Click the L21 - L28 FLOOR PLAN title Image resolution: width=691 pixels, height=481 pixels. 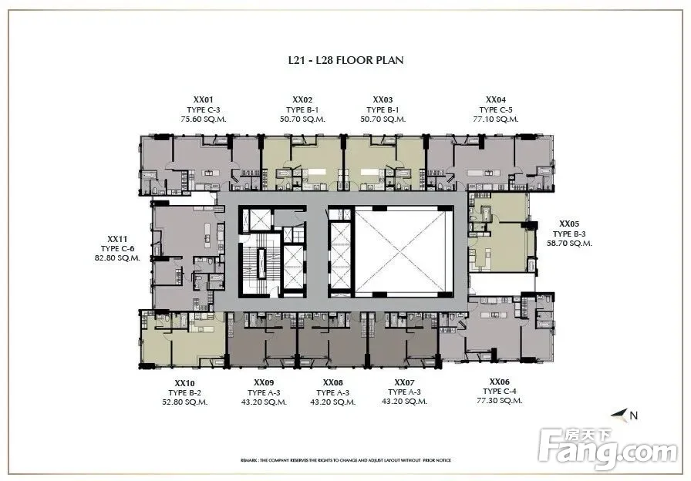pyautogui.click(x=346, y=60)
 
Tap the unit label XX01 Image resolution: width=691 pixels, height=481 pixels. pyautogui.click(x=203, y=100)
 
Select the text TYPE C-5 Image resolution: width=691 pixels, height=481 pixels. pyautogui.click(x=496, y=109)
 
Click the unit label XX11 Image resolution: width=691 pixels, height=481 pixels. pyautogui.click(x=117, y=239)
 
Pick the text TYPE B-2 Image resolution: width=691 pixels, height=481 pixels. pyautogui.click(x=184, y=393)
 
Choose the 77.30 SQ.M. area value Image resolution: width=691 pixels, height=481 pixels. pyautogui.click(x=499, y=400)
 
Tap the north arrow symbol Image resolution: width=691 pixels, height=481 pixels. pyautogui.click(x=619, y=414)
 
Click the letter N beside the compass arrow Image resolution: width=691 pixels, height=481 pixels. pyautogui.click(x=634, y=415)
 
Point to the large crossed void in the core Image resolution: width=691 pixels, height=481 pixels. pyautogui.click(x=404, y=251)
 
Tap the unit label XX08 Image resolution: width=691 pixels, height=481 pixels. pyautogui.click(x=332, y=383)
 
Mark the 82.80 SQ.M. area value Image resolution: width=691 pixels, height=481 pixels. pyautogui.click(x=117, y=258)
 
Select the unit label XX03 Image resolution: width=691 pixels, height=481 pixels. pyautogui.click(x=383, y=100)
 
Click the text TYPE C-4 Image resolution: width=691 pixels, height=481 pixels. pyautogui.click(x=499, y=391)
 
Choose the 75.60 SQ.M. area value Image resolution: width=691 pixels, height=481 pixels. pyautogui.click(x=203, y=119)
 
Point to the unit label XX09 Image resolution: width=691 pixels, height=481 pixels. pyautogui.click(x=264, y=383)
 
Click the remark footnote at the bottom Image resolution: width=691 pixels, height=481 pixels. pyautogui.click(x=346, y=460)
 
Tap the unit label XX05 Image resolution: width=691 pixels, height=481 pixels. pyautogui.click(x=569, y=224)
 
